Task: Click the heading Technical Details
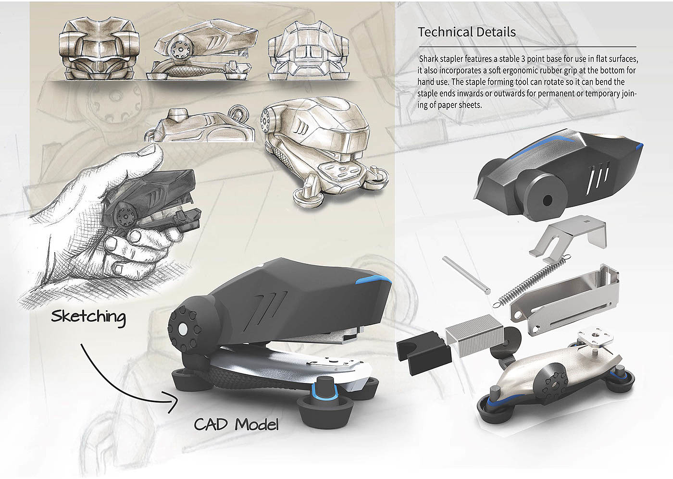467,32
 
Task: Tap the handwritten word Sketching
88,317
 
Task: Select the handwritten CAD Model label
236,424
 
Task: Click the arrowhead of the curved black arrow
173,403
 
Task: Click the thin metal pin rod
466,275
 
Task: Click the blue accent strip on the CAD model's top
373,281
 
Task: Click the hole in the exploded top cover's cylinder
547,199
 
